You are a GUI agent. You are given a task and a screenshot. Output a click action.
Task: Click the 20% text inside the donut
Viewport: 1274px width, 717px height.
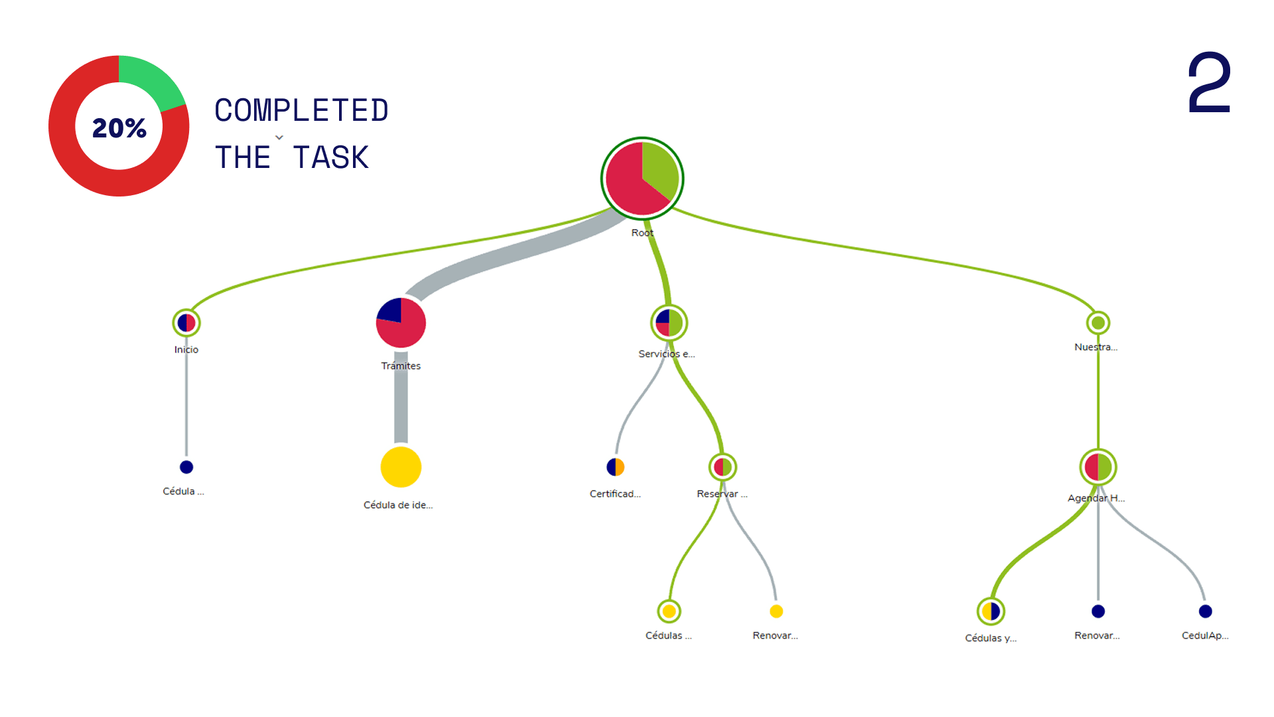(x=119, y=127)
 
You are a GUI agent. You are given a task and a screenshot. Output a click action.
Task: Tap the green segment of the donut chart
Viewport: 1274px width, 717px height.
(x=152, y=80)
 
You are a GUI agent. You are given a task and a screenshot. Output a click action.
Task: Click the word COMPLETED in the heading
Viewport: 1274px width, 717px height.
(x=301, y=110)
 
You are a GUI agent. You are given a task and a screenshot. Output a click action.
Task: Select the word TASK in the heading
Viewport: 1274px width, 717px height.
(x=330, y=158)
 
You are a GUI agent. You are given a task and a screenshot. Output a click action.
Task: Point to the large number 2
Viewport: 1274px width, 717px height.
(x=1209, y=83)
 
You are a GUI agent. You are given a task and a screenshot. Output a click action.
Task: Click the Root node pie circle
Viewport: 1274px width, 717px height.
(x=642, y=178)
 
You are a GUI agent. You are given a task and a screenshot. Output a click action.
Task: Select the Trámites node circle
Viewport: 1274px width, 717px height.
(x=401, y=323)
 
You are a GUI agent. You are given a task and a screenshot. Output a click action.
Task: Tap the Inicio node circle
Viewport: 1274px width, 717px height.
(x=186, y=323)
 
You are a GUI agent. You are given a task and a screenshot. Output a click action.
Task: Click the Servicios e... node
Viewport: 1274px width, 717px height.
(x=669, y=323)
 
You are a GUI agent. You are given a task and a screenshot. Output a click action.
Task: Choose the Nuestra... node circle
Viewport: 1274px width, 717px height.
(x=1098, y=323)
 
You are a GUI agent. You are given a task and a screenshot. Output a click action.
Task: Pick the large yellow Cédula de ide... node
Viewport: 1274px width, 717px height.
(x=401, y=467)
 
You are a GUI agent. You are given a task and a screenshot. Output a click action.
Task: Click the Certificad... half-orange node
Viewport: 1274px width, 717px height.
(x=615, y=467)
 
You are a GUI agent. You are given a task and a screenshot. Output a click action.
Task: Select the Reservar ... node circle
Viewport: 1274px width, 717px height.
(x=723, y=467)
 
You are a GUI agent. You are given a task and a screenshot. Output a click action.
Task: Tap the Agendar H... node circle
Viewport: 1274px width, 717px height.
(x=1098, y=467)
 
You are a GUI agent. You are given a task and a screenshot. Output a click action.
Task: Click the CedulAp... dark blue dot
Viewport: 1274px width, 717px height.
(x=1206, y=611)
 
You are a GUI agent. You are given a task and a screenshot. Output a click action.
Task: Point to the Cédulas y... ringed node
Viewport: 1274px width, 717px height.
(x=991, y=611)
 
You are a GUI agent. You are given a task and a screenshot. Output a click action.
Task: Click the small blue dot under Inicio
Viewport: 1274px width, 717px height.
(x=186, y=467)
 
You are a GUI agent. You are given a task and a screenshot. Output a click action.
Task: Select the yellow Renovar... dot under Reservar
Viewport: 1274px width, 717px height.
(x=776, y=611)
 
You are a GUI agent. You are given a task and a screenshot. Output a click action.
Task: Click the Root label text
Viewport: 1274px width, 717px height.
(x=642, y=233)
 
